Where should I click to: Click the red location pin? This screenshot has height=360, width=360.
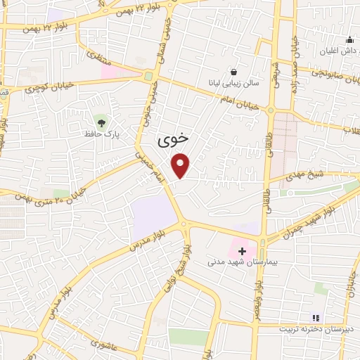pos(181,165)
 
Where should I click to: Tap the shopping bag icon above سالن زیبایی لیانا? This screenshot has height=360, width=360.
pos(234,71)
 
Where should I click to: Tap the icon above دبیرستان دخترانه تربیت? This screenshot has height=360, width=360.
pos(316,318)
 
